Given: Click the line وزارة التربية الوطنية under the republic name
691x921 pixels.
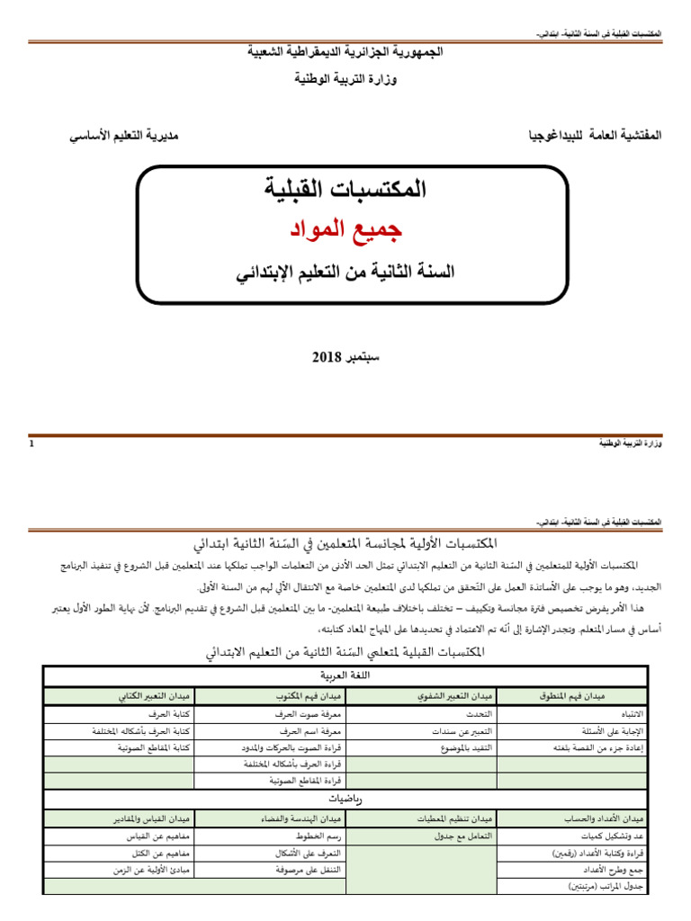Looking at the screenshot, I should [346, 79].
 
